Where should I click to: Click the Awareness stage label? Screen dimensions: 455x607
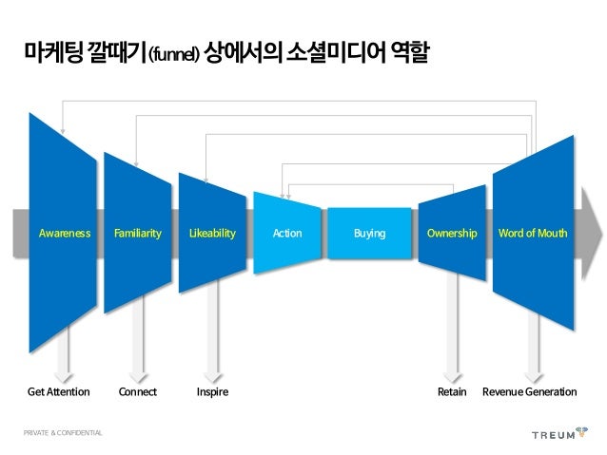[64, 233]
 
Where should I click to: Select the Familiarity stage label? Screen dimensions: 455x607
[137, 233]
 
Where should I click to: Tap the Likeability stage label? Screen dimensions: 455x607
[211, 233]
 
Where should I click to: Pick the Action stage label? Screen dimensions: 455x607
[286, 233]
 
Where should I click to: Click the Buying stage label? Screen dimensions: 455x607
[369, 233]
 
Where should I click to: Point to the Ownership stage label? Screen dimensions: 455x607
[452, 233]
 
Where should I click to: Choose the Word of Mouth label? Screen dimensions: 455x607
[533, 233]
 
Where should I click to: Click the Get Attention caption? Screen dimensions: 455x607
[58, 391]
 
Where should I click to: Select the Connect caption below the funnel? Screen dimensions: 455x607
[137, 391]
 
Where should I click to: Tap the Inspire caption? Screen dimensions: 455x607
[212, 391]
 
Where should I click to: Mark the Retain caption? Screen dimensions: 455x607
[451, 391]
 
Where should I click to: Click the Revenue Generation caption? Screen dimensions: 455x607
[530, 391]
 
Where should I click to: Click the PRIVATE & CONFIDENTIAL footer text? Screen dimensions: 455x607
[64, 434]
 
